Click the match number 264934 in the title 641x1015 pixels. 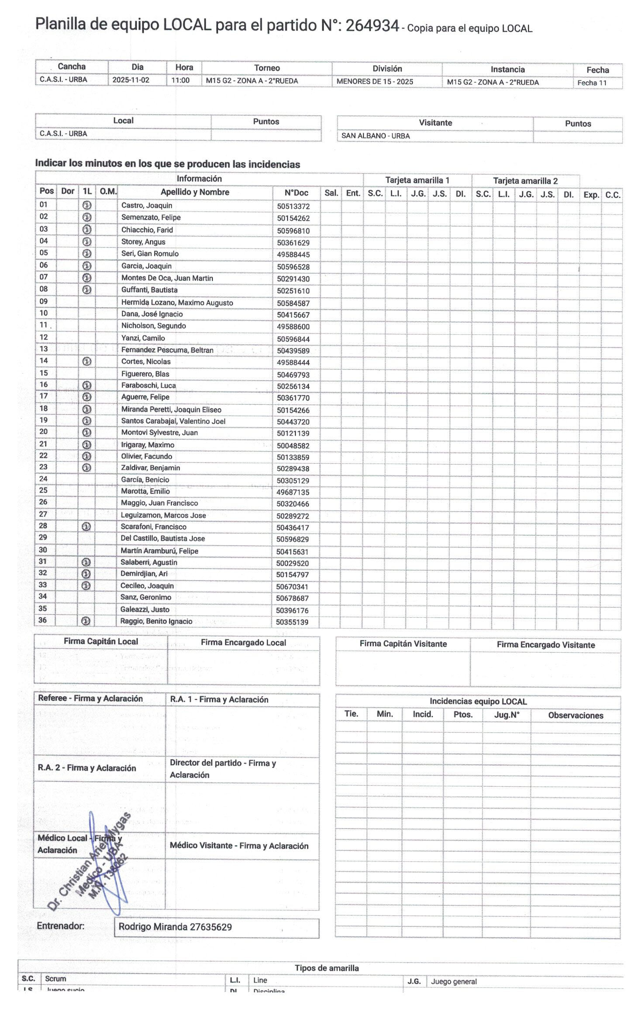[372, 26]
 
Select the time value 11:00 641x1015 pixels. [180, 80]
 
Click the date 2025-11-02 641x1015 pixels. [131, 80]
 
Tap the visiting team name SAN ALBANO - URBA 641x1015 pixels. [376, 136]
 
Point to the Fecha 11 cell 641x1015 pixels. [592, 83]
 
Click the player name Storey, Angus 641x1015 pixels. [143, 242]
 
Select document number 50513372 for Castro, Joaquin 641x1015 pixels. [293, 206]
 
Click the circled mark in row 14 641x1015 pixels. [87, 361]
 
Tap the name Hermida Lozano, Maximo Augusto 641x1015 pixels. [177, 303]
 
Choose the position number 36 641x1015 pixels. [43, 620]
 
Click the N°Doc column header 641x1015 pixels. [296, 193]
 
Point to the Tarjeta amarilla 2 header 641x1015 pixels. [525, 181]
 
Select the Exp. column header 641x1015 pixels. [591, 195]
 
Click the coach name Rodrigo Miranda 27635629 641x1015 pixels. [175, 927]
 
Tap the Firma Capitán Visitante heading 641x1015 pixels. [403, 644]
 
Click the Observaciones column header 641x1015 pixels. [576, 716]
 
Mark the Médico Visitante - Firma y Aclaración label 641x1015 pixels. [239, 846]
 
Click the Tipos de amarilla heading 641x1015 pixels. [327, 968]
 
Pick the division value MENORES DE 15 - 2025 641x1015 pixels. [375, 82]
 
